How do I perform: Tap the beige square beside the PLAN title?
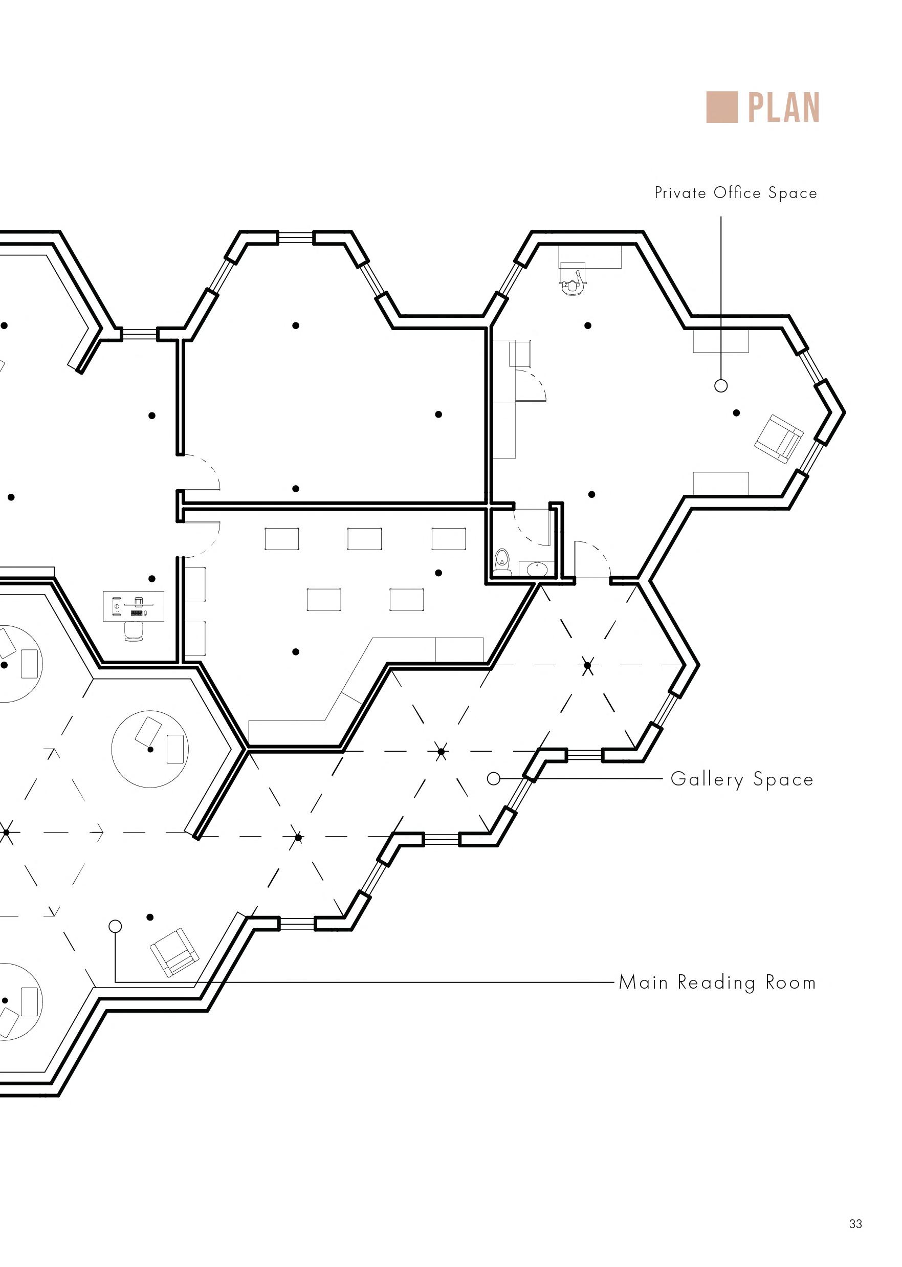pyautogui.click(x=721, y=107)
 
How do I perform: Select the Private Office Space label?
pyautogui.click(x=735, y=193)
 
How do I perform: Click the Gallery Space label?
pyautogui.click(x=741, y=779)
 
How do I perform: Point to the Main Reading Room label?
pyautogui.click(x=717, y=982)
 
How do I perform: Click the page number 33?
pyautogui.click(x=855, y=1224)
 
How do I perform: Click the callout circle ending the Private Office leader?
pyautogui.click(x=721, y=385)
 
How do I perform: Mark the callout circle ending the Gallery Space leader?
pyautogui.click(x=493, y=779)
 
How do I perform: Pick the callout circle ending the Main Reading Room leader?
pyautogui.click(x=115, y=926)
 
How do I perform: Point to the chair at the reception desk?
pyautogui.click(x=134, y=631)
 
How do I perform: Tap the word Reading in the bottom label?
pyautogui.click(x=716, y=982)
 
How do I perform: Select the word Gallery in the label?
pyautogui.click(x=707, y=779)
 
